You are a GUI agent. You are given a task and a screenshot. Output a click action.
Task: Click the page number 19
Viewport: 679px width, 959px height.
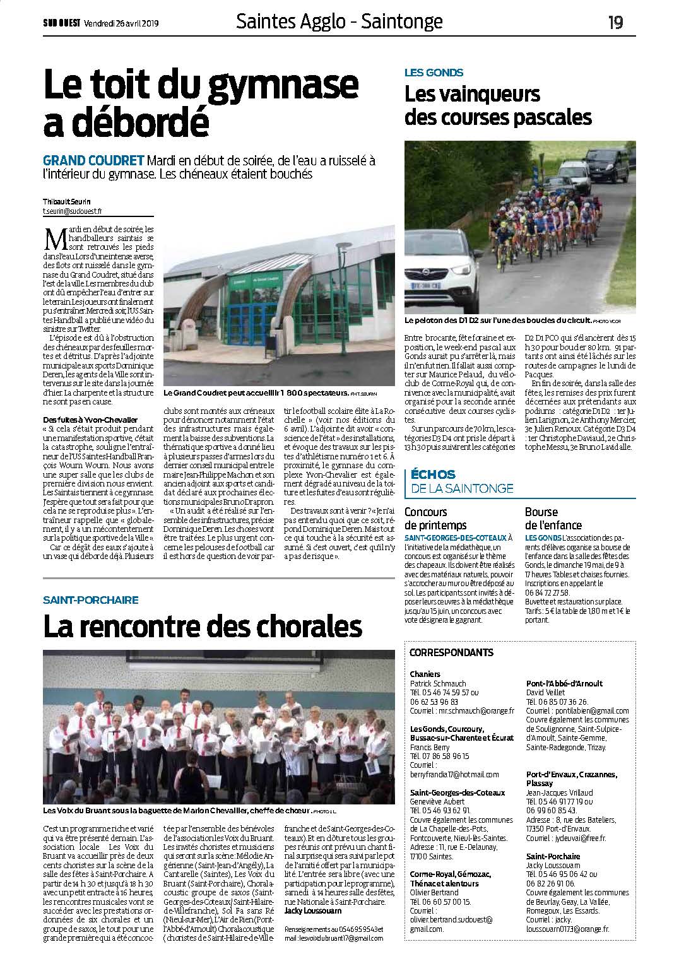(615, 23)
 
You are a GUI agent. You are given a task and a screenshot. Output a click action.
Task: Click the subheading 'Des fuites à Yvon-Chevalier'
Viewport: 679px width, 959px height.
(89, 420)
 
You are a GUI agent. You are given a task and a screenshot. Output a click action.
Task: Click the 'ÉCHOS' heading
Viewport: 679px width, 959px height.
(432, 474)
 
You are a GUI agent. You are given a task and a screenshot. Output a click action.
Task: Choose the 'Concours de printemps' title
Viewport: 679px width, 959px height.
(435, 518)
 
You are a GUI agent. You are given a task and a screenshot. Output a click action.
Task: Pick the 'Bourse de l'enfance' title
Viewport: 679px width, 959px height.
(553, 518)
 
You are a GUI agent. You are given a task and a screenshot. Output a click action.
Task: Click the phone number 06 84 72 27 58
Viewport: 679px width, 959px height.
(546, 592)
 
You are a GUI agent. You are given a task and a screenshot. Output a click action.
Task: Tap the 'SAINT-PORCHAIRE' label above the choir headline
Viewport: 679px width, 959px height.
(90, 599)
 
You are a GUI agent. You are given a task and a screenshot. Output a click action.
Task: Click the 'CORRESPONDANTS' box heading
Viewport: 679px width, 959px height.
(451, 652)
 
